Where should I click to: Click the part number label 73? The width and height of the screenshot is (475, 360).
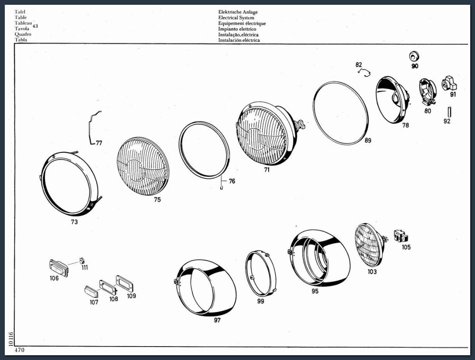(74, 222)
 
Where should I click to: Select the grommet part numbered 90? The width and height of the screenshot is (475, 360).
(413, 56)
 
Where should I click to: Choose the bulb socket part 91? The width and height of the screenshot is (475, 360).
(449, 84)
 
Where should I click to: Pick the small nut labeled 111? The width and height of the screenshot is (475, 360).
(81, 260)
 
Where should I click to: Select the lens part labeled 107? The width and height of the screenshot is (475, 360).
(91, 291)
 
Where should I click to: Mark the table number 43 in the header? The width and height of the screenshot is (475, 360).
(35, 26)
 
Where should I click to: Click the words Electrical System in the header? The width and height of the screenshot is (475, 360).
(236, 18)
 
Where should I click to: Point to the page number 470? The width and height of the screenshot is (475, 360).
(19, 350)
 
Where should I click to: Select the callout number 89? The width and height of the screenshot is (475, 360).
(368, 140)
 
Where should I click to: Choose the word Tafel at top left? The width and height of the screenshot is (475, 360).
(20, 12)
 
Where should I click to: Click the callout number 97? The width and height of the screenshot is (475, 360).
(217, 320)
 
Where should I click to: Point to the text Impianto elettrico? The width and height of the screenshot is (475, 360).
(237, 29)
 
